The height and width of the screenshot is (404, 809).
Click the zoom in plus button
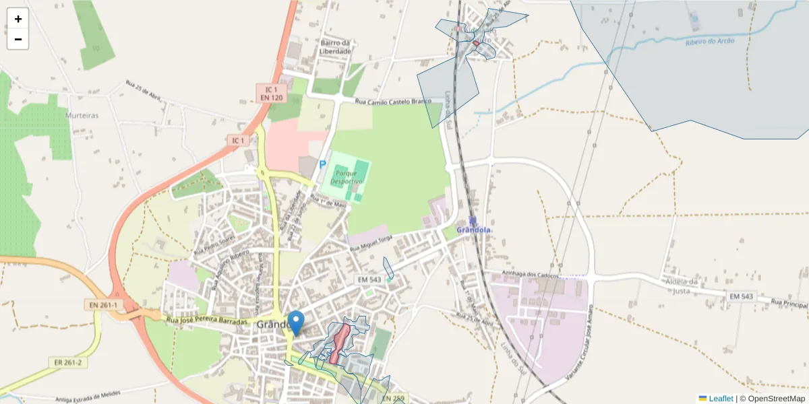18,19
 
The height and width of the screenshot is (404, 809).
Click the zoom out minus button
18,39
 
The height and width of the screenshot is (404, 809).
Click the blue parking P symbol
322,164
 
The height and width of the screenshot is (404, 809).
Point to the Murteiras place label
82,115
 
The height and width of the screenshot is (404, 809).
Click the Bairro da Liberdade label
335,47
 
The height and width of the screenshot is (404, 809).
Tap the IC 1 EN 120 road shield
271,94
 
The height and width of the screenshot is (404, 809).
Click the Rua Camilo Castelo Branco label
392,102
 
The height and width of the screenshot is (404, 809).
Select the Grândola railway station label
473,230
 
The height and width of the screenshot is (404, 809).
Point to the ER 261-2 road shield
67,362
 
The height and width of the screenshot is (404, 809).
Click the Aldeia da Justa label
684,285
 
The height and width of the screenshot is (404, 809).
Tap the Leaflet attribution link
720,399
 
